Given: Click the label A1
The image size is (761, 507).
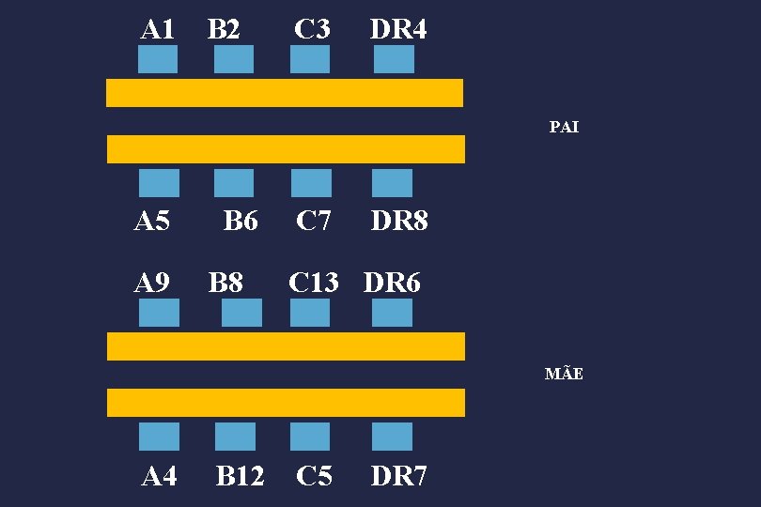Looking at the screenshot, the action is tap(158, 29).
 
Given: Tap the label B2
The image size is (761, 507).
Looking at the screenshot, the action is tap(224, 29).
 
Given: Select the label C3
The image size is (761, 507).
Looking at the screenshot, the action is tap(312, 29).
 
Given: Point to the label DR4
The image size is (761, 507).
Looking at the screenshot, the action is tap(398, 29).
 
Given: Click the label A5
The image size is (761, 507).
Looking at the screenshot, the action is tap(152, 222).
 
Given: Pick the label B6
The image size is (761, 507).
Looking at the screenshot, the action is tap(241, 222).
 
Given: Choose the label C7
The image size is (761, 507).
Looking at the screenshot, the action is tap(314, 222).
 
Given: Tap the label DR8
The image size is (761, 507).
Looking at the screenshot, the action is tap(399, 222).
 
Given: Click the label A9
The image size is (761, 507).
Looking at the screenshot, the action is tap(152, 282).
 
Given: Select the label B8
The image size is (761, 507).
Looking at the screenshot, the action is tap(225, 282).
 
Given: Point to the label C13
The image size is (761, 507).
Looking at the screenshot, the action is tap(314, 282).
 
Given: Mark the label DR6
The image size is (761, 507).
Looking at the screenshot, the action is tap(392, 282).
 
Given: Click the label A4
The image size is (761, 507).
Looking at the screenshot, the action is tap(159, 477).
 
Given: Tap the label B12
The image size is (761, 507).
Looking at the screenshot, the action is tap(241, 477).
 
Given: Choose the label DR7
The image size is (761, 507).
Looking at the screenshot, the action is tap(398, 477).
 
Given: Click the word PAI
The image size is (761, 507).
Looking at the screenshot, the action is tap(564, 127).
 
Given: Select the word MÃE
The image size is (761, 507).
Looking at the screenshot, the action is tap(564, 375).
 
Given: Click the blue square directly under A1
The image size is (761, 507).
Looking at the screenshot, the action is tap(158, 59).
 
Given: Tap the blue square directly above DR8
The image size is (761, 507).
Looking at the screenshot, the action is tap(392, 183).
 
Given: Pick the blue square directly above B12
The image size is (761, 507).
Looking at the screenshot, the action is tap(235, 437).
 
